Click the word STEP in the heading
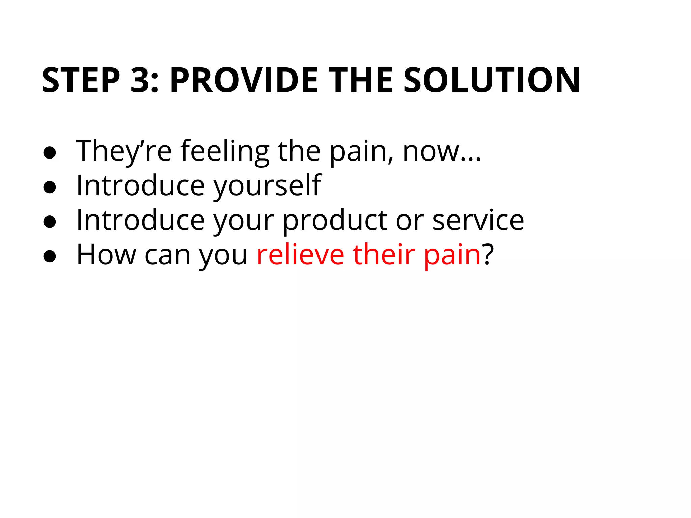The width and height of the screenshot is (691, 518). pyautogui.click(x=81, y=80)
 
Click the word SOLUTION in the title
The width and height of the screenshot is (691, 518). pyautogui.click(x=492, y=80)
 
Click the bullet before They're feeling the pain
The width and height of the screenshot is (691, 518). pyautogui.click(x=50, y=152)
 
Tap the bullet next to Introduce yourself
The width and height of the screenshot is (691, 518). pyautogui.click(x=50, y=187)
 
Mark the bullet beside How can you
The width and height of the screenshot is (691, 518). pyautogui.click(x=50, y=256)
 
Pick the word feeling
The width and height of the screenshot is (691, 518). pyautogui.click(x=225, y=151)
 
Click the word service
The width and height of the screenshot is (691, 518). pyautogui.click(x=478, y=221)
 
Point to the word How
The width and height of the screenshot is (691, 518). pyautogui.click(x=106, y=255)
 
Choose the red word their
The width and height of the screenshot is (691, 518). pyautogui.click(x=384, y=255)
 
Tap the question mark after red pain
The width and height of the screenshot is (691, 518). pyautogui.click(x=488, y=255)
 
